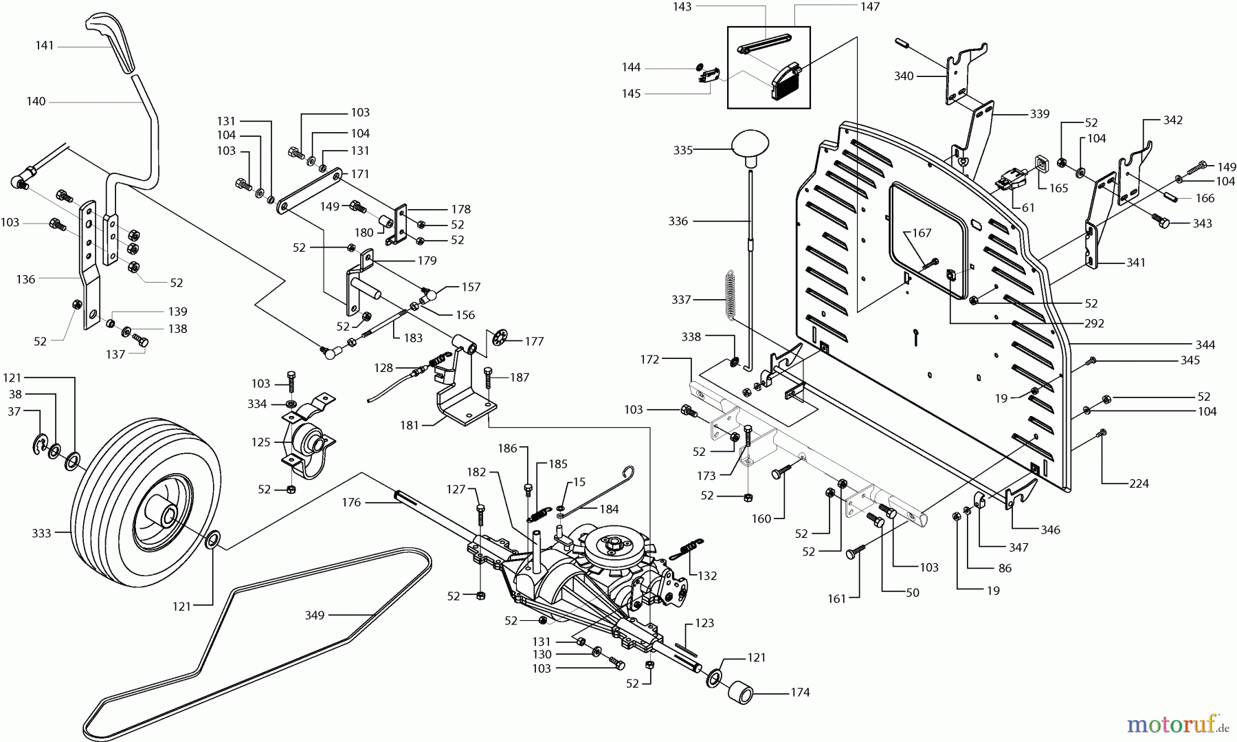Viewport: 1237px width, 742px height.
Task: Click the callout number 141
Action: pyautogui.click(x=45, y=46)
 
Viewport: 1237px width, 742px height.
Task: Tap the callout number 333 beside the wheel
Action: pyautogui.click(x=41, y=533)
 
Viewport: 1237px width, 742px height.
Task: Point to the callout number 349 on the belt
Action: pyautogui.click(x=315, y=615)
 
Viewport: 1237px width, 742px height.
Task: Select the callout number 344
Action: pyautogui.click(x=1205, y=345)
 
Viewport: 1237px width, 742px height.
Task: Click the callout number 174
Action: pyautogui.click(x=800, y=692)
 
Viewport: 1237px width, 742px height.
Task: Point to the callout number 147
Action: pyautogui.click(x=869, y=7)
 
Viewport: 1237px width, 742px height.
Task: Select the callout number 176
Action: pyautogui.click(x=351, y=503)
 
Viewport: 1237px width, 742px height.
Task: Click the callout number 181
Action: pyautogui.click(x=409, y=425)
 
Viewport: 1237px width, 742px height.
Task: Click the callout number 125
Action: pyautogui.click(x=261, y=442)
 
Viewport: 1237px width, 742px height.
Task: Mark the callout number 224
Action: pyautogui.click(x=1139, y=483)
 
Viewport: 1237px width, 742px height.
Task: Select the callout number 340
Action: pyautogui.click(x=904, y=76)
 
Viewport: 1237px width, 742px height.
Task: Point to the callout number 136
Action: pyautogui.click(x=25, y=279)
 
